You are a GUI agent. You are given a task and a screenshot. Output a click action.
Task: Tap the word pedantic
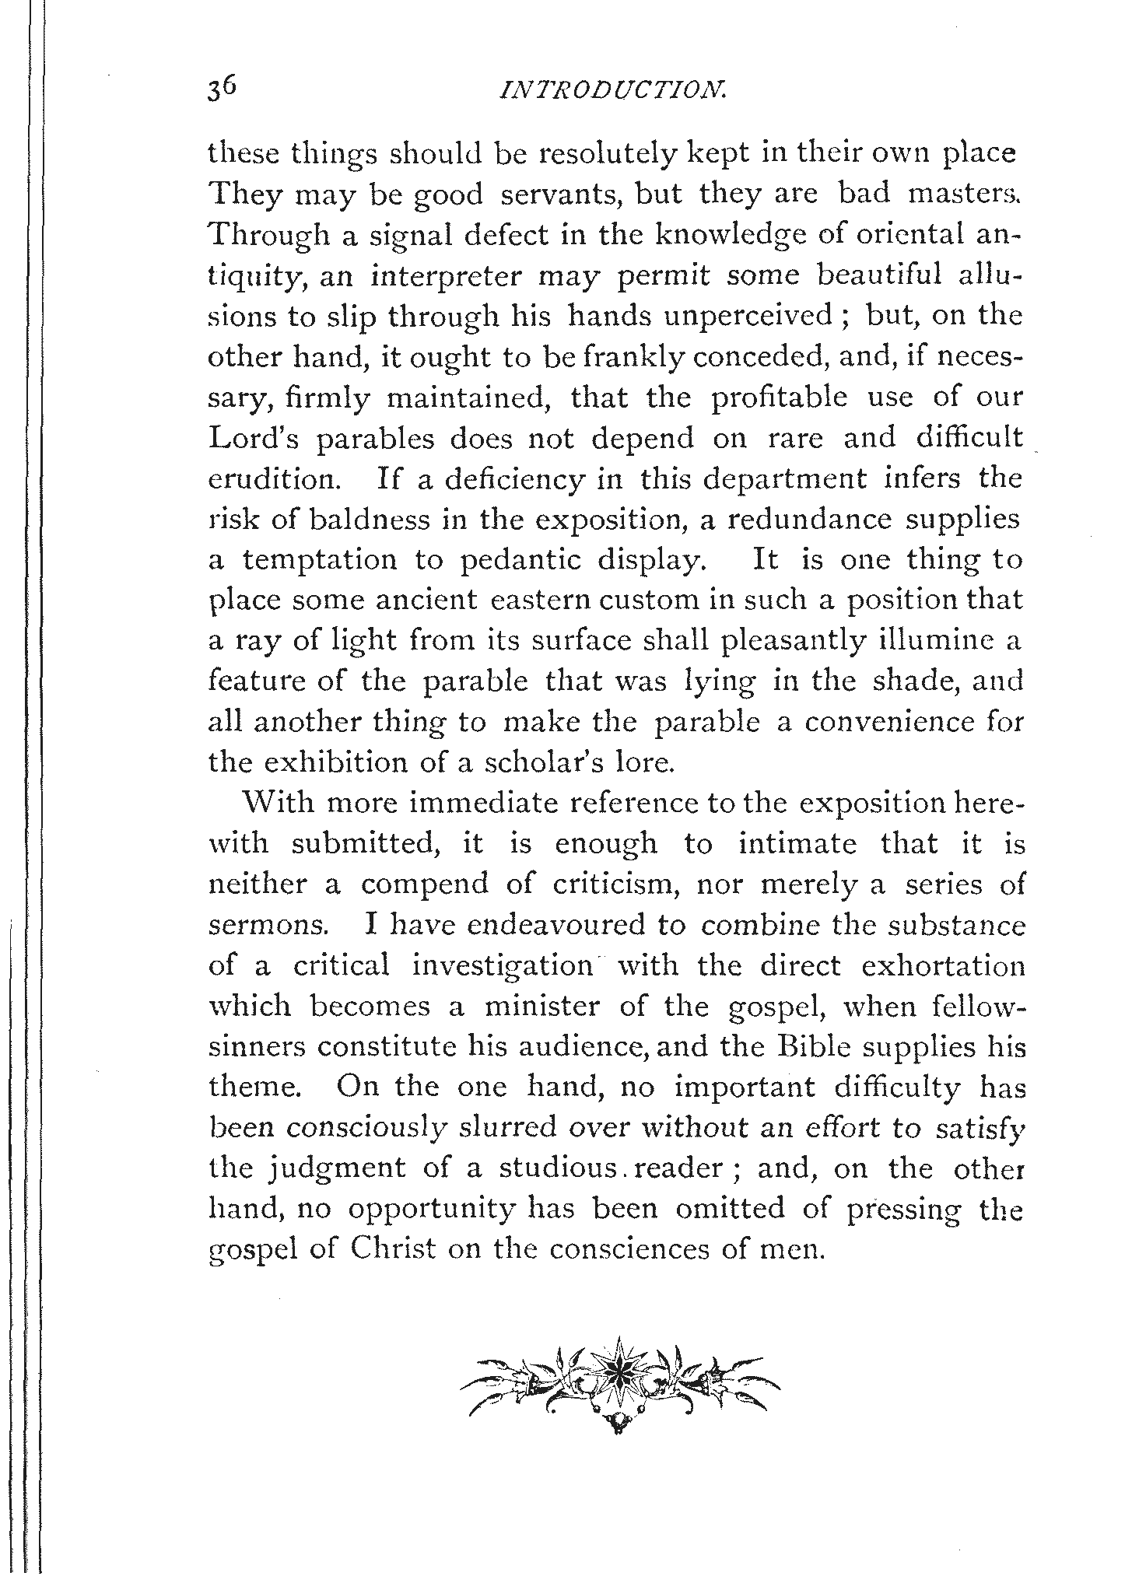(529, 560)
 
